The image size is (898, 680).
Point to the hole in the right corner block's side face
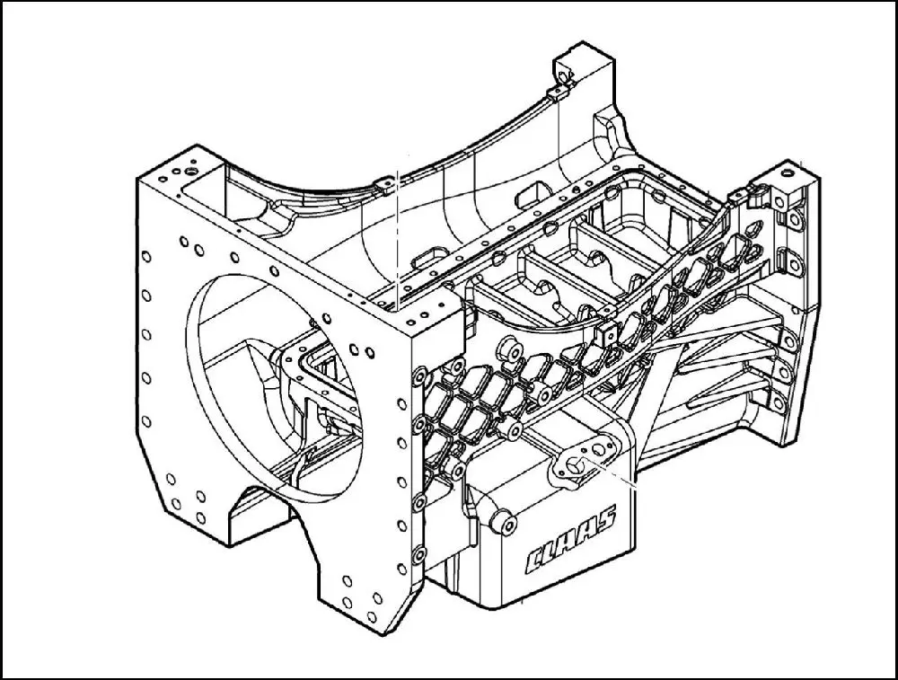pyautogui.click(x=779, y=201)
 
